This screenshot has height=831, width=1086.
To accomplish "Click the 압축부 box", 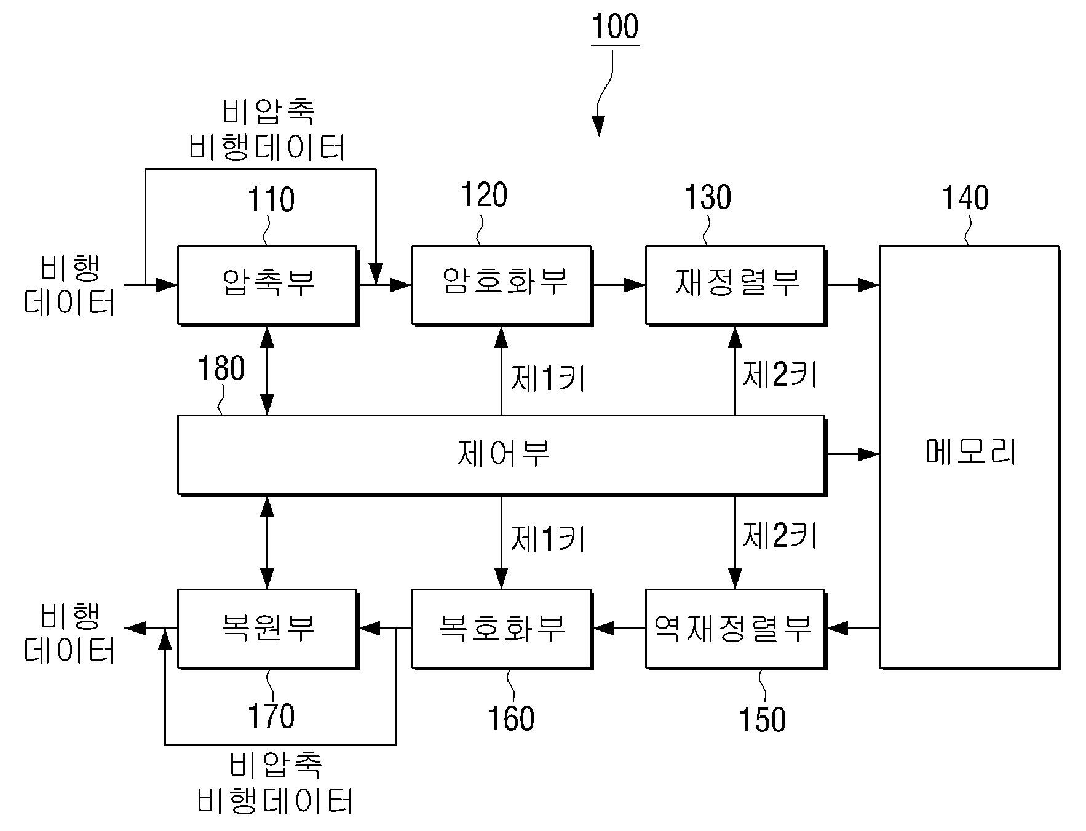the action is (268, 285).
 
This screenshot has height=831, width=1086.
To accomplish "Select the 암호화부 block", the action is (502, 285).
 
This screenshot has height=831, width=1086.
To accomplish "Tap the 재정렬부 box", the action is (735, 285).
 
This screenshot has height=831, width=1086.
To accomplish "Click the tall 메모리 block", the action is (970, 457).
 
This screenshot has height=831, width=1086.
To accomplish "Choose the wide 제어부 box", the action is (502, 455).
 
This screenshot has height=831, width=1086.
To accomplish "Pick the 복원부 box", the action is (268, 629).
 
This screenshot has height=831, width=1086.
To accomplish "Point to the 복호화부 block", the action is (502, 629).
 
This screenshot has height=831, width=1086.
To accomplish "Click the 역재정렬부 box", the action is (735, 629).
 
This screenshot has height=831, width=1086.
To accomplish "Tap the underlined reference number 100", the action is (615, 26).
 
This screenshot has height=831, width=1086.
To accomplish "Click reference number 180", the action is (221, 368).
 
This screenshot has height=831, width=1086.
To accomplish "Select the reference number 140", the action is (965, 197).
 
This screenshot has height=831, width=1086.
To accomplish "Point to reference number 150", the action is (763, 719).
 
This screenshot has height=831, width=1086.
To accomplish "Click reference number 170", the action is (271, 716).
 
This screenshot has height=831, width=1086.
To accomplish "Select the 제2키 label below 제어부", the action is (780, 536).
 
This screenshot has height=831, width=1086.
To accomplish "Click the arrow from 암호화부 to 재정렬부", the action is (619, 285).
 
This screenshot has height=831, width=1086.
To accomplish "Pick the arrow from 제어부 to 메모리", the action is (852, 455).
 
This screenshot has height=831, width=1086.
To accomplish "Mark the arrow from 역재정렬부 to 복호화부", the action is (619, 629).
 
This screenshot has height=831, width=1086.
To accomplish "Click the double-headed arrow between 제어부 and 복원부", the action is (268, 542).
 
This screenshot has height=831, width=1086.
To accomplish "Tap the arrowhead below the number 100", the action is (598, 126).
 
